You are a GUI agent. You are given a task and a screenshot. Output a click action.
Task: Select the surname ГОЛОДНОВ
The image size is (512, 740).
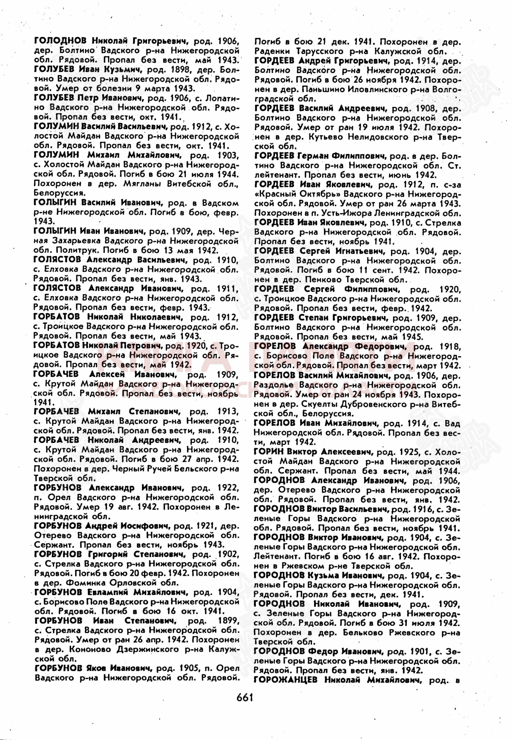coord(60,40)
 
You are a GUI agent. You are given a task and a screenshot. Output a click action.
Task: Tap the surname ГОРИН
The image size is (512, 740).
coord(269,451)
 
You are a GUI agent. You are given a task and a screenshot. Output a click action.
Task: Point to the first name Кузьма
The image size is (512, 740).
coord(322,575)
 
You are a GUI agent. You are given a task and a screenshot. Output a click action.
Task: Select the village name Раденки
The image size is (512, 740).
coord(273,51)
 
